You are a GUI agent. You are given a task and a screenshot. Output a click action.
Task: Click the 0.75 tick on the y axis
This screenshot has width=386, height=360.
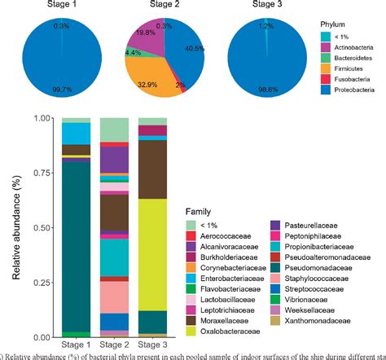pyautogui.click(x=44, y=173)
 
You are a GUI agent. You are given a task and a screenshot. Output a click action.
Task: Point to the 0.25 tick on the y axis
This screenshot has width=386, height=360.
pyautogui.click(x=44, y=282)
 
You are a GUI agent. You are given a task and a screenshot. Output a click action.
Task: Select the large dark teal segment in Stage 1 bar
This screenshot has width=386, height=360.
pyautogui.click(x=76, y=244)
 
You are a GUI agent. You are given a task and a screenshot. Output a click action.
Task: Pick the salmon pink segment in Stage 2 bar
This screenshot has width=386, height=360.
pyautogui.click(x=113, y=296)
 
